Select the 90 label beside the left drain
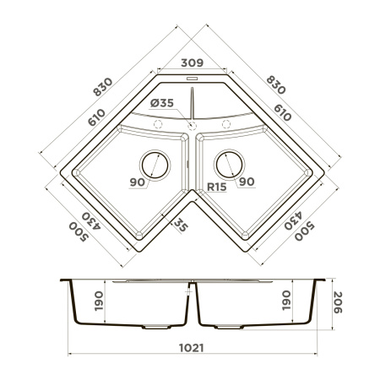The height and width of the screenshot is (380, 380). (137, 182)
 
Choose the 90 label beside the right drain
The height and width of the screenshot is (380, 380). (247, 182)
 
